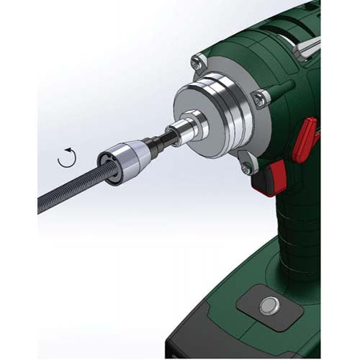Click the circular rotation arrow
(x=66, y=158)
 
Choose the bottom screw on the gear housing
(x=246, y=168)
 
